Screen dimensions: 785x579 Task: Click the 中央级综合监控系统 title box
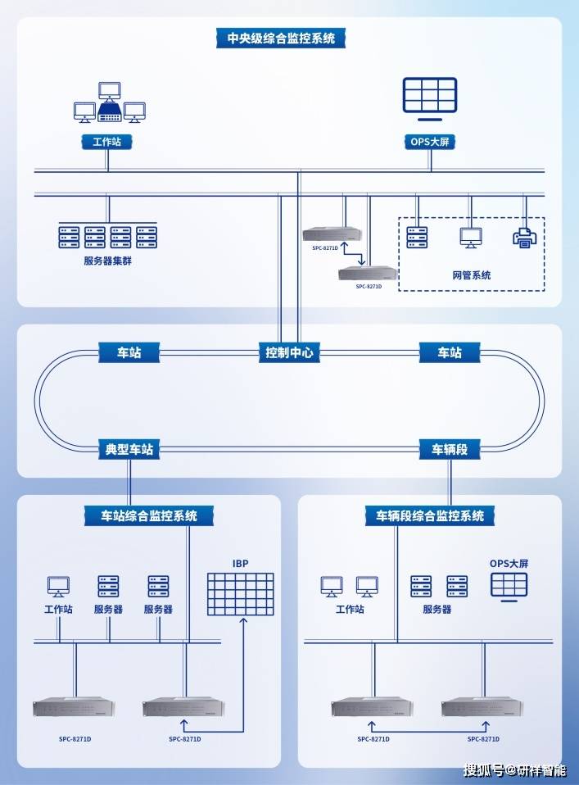click(x=281, y=39)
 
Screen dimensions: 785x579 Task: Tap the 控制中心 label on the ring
click(x=291, y=353)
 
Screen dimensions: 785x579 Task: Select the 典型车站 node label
click(x=129, y=449)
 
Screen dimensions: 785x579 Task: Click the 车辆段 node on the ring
click(x=450, y=449)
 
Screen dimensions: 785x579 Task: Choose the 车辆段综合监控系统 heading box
click(x=429, y=516)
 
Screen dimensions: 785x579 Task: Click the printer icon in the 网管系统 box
click(x=524, y=237)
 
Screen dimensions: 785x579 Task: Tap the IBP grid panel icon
click(x=240, y=594)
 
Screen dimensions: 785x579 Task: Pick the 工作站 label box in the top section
click(x=106, y=142)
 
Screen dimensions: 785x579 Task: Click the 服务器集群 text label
click(x=106, y=261)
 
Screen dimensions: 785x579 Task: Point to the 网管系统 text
click(x=471, y=275)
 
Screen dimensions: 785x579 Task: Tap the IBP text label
click(x=240, y=564)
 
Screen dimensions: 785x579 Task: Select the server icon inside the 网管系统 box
click(x=417, y=238)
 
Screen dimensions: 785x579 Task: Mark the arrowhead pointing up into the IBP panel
click(x=243, y=622)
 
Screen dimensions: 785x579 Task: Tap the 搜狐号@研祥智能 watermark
click(x=513, y=770)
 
